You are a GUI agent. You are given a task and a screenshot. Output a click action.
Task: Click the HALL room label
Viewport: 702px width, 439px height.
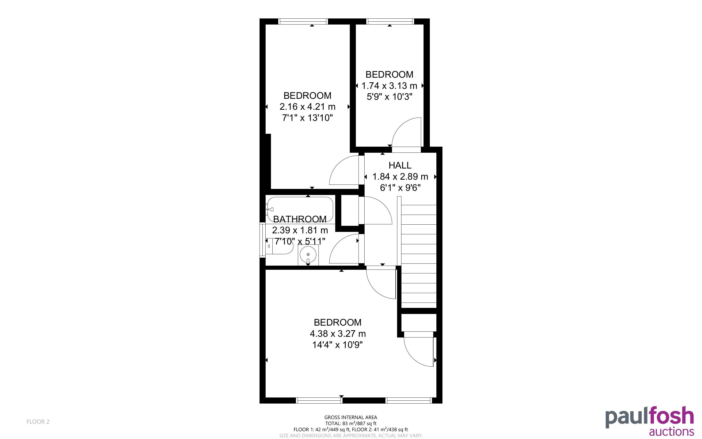pos(400,165)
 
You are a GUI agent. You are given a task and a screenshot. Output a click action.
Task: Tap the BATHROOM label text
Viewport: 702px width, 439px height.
pos(300,219)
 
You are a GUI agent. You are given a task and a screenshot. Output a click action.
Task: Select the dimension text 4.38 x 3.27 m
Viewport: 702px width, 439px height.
pos(337,334)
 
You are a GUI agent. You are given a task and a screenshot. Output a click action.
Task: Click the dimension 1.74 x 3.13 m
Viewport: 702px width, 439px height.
pos(389,86)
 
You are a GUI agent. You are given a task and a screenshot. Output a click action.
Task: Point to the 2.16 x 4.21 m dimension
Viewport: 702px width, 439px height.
pos(307,107)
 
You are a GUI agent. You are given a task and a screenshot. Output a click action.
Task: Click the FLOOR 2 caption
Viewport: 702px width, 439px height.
pos(38,422)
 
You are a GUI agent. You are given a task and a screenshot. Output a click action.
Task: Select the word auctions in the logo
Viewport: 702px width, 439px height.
pos(671,431)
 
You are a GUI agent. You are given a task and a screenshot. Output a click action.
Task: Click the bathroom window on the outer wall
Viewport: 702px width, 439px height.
pos(262,240)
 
